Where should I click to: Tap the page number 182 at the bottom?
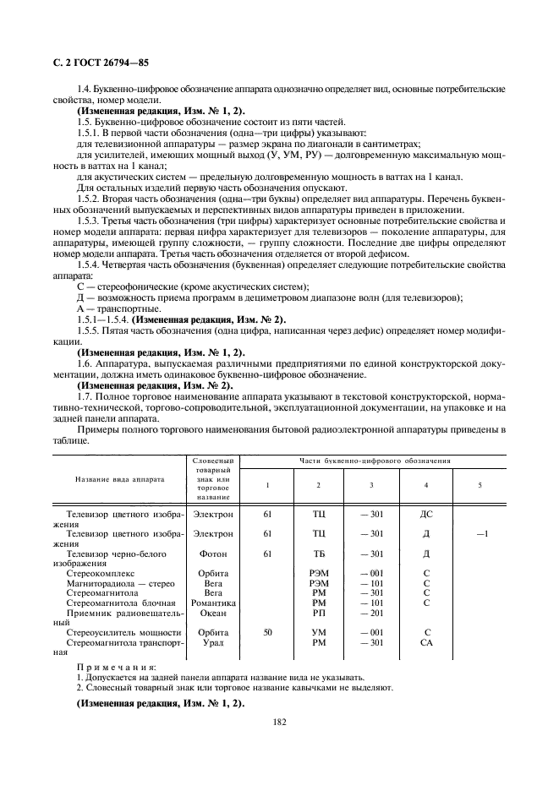click(x=279, y=722)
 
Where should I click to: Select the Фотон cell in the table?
click(x=213, y=554)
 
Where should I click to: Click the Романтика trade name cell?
click(x=213, y=603)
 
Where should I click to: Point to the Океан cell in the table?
click(x=213, y=613)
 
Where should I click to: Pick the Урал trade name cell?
click(x=213, y=642)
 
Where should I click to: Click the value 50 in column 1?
click(x=267, y=632)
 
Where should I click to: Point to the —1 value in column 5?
click(x=481, y=533)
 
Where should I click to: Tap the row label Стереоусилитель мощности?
click(x=123, y=632)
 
